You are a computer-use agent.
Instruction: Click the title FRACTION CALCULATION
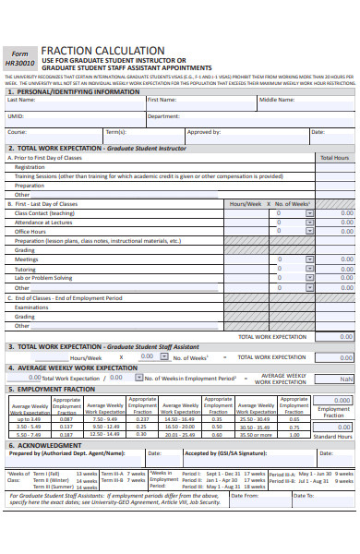pos(102,51)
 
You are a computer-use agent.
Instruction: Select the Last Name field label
pos(21,100)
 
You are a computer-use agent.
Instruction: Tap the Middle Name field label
pos(277,100)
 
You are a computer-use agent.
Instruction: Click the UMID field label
pos(16,116)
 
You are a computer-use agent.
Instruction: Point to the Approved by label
pos(203,132)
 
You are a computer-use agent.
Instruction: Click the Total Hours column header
pos(334,158)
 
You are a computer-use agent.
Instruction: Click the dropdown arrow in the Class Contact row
pos(309,212)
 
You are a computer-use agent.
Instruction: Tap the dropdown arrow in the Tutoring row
pos(309,269)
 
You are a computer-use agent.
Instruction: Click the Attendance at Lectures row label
pos(43,222)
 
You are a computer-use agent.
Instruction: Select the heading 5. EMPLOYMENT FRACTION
pos(52,390)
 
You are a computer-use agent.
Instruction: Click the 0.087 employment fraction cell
pos(66,419)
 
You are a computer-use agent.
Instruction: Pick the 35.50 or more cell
pos(255,434)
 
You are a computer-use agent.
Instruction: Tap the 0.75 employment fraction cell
pos(294,427)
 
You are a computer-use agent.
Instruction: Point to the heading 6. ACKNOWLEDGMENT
pos(49,445)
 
